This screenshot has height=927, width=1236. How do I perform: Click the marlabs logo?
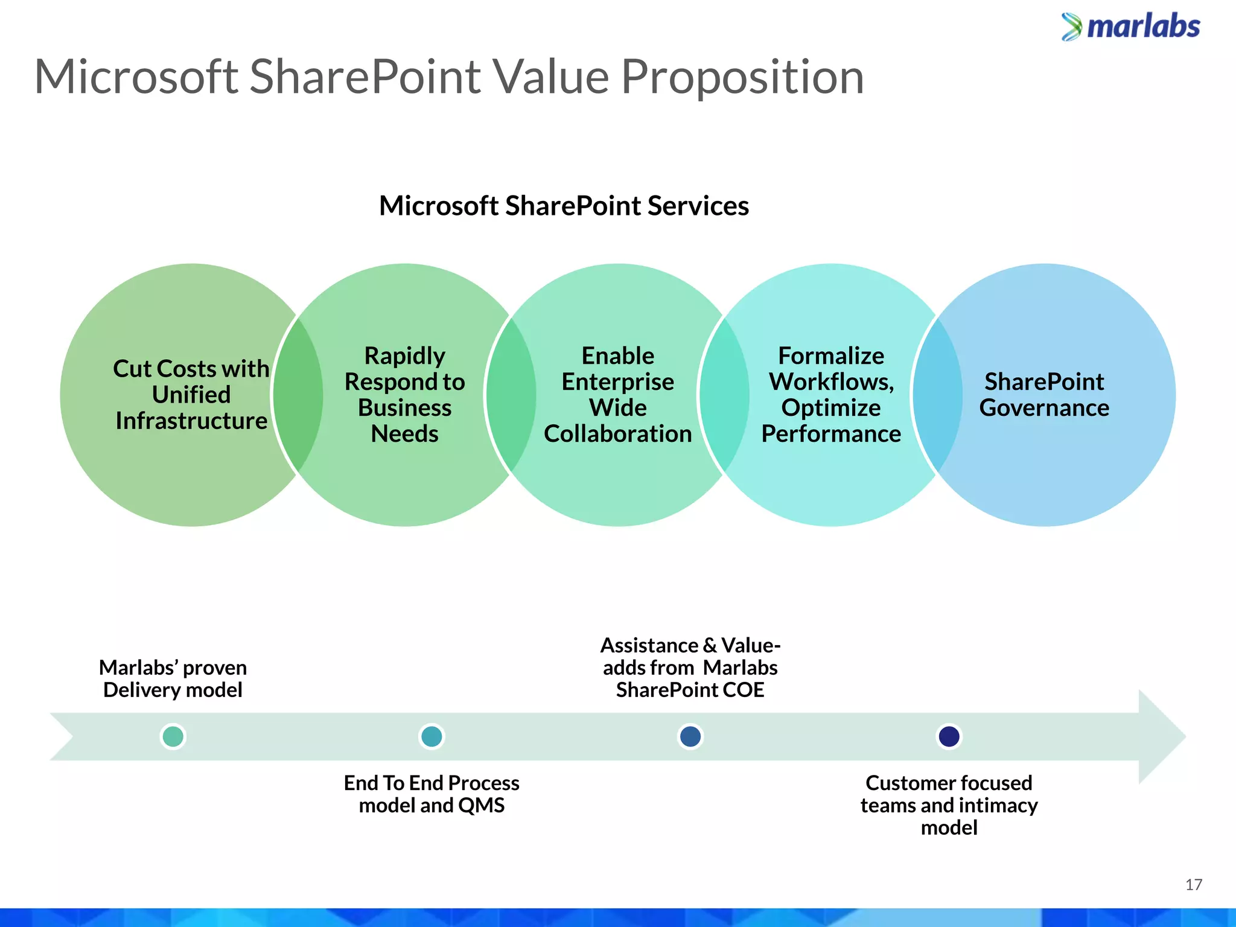[1131, 27]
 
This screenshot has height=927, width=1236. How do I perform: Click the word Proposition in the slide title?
[742, 77]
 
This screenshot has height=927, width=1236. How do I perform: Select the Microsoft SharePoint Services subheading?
[564, 206]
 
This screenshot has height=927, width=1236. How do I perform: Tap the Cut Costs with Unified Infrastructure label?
[191, 395]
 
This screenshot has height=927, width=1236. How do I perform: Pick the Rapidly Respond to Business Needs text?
[404, 395]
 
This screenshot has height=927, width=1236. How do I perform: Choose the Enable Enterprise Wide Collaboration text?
[617, 395]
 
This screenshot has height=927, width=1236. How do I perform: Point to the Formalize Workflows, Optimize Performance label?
[831, 395]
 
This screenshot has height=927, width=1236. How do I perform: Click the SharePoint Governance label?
[1044, 395]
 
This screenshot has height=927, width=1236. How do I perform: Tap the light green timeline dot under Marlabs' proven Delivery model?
[173, 736]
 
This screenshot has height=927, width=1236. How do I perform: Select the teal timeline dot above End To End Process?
[432, 736]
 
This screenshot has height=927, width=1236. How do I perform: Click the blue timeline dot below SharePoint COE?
[690, 736]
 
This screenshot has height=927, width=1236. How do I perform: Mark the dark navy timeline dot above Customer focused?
[949, 736]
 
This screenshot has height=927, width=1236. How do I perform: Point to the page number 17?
[1193, 885]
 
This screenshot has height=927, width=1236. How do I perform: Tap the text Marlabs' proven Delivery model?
[173, 679]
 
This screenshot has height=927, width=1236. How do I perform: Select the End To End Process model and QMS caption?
[432, 794]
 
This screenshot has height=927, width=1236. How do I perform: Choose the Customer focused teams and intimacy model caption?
[949, 805]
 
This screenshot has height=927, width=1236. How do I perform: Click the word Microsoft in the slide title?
[136, 77]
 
